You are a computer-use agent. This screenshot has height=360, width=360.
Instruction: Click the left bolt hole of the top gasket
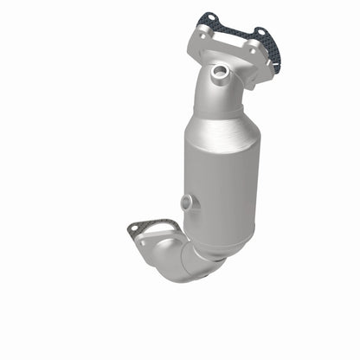click(209, 18)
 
